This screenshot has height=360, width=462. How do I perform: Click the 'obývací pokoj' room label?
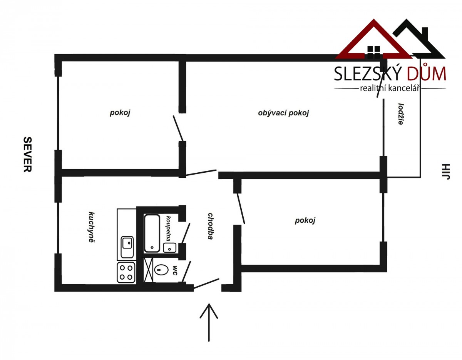tap(283, 113)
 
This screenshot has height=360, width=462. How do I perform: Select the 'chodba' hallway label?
tap(211, 226)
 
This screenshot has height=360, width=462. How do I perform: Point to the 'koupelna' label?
tap(169, 229)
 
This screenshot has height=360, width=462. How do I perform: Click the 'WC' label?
tap(175, 270)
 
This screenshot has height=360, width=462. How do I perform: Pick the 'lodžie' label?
tap(401, 114)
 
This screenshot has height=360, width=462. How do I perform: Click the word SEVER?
tap(28, 154)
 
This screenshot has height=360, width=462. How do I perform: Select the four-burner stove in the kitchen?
tap(126, 272)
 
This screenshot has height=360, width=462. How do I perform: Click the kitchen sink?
tap(127, 247)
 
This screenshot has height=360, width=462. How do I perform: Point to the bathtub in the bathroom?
tap(152, 233)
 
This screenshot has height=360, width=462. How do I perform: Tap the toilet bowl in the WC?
tap(162, 270)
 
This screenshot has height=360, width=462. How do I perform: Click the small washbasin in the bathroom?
tap(169, 247)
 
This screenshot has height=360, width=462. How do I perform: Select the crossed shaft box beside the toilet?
tap(149, 270)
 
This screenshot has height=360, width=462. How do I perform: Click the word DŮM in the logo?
tap(426, 73)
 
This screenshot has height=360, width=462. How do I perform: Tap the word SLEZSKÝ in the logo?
tap(368, 73)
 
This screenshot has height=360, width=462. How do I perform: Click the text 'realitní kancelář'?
tap(390, 88)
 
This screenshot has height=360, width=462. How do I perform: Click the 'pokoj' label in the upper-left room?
tap(120, 112)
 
